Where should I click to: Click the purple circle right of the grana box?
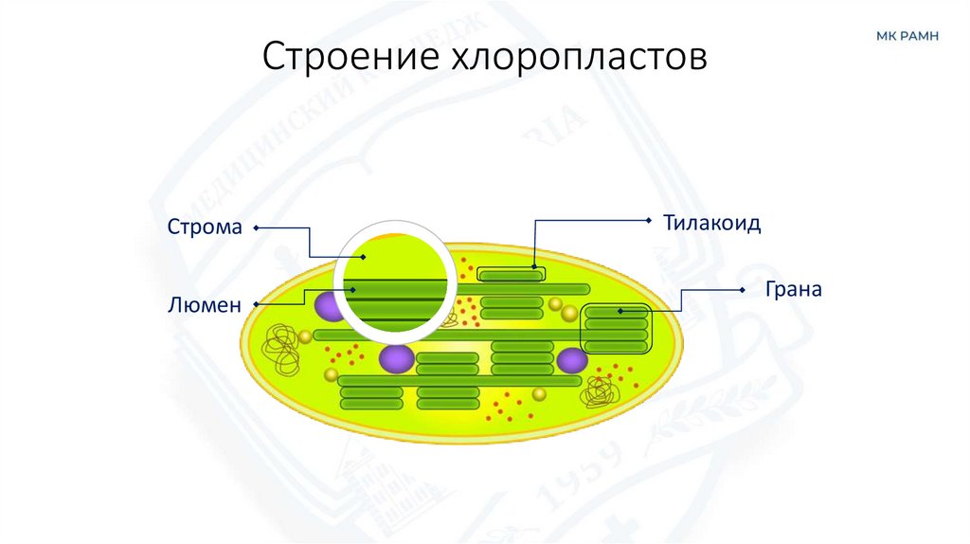tap(572, 360)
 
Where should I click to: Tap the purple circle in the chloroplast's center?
tap(397, 358)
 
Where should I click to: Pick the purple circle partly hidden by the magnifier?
tap(327, 306)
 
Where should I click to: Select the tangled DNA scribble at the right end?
tap(600, 389)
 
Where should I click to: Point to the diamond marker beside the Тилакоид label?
tap(649, 220)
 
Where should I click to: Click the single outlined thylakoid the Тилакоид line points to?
tap(511, 275)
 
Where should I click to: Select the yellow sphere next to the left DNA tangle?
tap(305, 337)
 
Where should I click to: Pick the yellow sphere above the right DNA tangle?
tap(539, 394)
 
